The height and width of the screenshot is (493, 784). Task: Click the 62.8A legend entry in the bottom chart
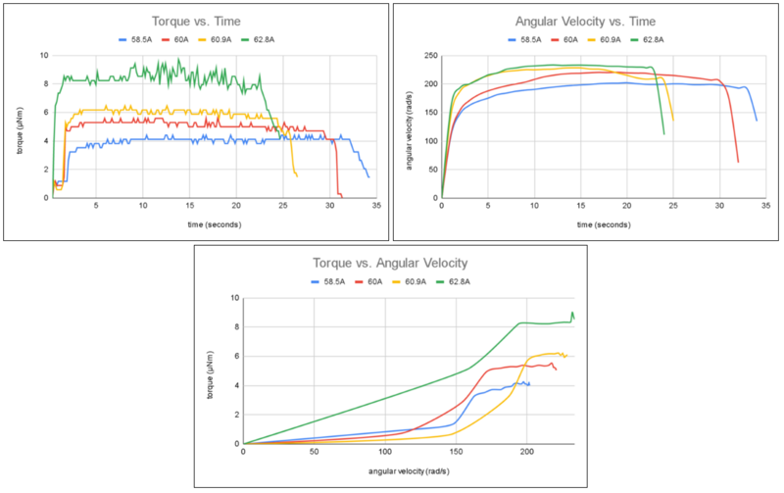[x=465, y=281]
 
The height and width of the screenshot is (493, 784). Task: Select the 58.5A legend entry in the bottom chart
[x=329, y=281]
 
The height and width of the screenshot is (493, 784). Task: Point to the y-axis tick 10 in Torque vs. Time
[x=43, y=55]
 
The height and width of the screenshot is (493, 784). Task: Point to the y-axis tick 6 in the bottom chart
[x=235, y=356]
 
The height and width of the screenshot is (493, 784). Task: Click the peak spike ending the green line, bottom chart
[x=572, y=313]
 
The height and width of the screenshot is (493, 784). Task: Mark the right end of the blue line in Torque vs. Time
[x=368, y=176]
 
